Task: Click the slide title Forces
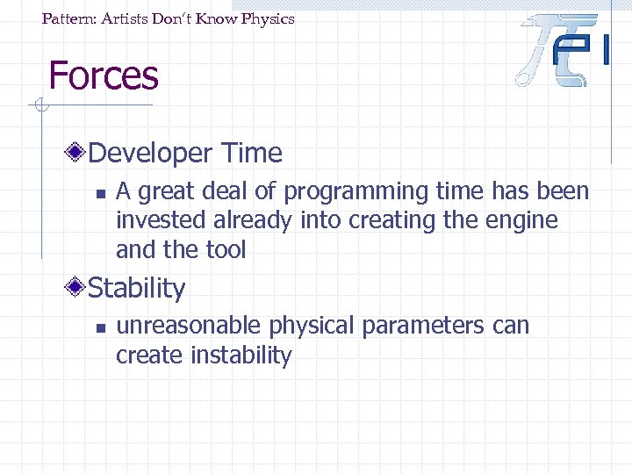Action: point(104,75)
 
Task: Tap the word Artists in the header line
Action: point(127,18)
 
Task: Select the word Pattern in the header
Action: point(69,18)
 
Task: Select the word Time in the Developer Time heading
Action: point(252,154)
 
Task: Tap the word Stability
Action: point(138,288)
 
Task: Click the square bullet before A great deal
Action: point(101,193)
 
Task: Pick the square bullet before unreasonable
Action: point(101,327)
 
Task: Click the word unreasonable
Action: point(189,326)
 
